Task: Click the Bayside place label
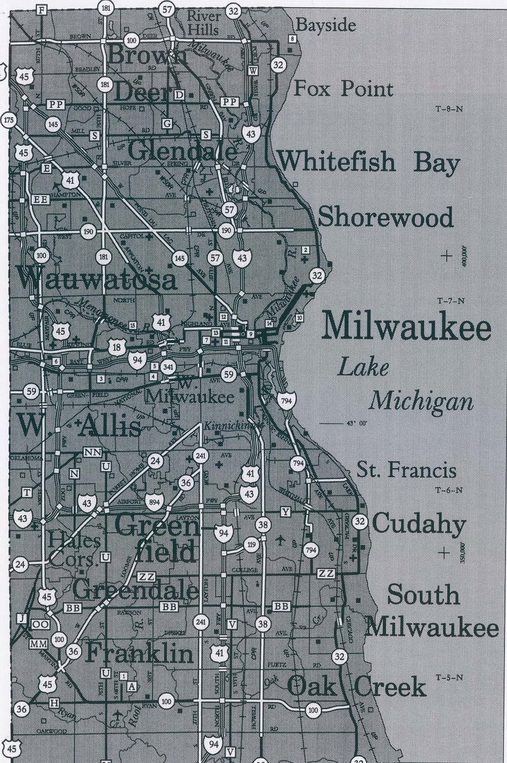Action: coord(326,25)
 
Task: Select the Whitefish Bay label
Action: coord(369,162)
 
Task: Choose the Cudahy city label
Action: coord(419,523)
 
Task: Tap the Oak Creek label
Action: coord(356,687)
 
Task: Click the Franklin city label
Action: coord(140,653)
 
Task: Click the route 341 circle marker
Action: coord(168,367)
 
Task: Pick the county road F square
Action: coord(42,10)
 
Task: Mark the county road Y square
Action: coord(286,512)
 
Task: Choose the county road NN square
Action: coord(93,452)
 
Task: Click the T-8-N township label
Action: coord(449,108)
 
